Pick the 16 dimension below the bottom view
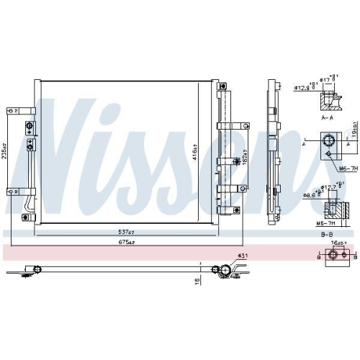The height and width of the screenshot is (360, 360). tap(196, 282)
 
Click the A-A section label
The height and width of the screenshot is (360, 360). tap(328, 115)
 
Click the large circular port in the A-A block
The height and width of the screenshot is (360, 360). tap(328, 141)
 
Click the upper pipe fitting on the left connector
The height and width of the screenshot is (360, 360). tap(30, 129)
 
